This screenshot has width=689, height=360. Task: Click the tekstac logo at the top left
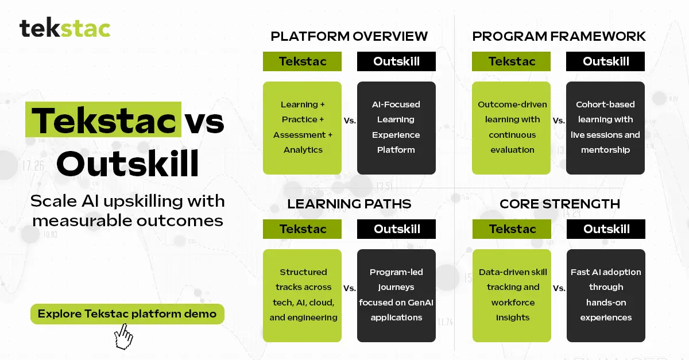65,28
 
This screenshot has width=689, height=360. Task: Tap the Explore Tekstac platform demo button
127,314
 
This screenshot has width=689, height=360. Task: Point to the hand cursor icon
123,336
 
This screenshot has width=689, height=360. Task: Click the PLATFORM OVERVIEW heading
349,36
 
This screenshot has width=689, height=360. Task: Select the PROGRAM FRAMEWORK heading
559,36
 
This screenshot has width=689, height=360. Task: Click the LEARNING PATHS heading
349,204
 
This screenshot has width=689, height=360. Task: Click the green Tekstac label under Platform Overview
303,61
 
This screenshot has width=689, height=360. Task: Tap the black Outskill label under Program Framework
606,61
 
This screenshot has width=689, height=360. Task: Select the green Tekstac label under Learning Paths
303,229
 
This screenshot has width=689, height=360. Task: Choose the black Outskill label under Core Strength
606,229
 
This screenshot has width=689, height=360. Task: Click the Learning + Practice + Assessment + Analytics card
303,127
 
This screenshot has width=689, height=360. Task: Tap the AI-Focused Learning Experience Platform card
396,127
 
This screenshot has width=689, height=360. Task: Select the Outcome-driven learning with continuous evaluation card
512,127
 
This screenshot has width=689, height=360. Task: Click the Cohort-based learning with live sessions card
605,127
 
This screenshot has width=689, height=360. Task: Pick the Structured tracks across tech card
303,295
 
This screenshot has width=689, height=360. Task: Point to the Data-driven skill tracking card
512,295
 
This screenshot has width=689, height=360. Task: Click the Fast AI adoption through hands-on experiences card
606,295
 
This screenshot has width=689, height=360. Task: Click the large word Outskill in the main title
127,164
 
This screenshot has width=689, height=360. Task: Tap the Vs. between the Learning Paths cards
350,288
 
